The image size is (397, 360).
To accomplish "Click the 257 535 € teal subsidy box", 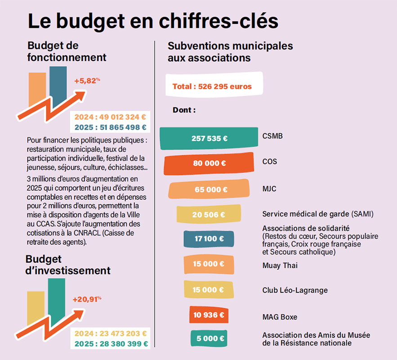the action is coord(209,138).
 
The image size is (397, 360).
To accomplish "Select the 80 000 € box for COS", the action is coord(209,163).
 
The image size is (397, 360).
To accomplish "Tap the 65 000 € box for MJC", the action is coord(209,189).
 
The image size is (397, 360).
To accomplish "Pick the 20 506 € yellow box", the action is coord(209,214).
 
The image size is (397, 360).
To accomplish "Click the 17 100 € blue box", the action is coord(209,238).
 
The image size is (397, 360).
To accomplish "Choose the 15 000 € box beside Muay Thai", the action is coord(209,264).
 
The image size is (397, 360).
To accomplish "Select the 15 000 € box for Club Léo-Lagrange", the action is coord(209,289).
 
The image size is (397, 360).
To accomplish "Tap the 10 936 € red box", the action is coord(209,315).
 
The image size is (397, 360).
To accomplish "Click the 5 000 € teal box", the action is coord(209,338).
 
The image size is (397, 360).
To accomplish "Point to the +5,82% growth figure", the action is coord(87,81).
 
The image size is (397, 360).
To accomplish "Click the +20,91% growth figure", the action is coord(87,299).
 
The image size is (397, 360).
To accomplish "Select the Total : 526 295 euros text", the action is coord(212,87).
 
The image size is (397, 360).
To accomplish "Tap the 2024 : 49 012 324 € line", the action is coord(110,117).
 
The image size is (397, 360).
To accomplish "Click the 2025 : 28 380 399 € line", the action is coord(111,344).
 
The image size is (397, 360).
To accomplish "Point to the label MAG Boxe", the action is coord(280,317).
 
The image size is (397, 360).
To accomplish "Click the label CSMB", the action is coord(272,136).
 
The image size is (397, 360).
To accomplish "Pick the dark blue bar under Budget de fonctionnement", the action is coord(58,87).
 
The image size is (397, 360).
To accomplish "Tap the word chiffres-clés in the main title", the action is coord(219,21).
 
